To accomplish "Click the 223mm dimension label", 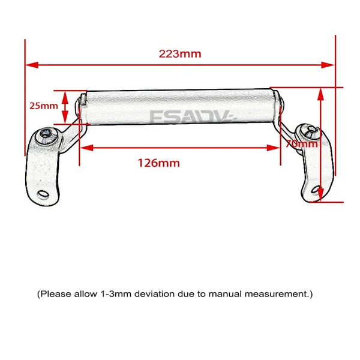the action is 180,54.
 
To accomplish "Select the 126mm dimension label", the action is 158,163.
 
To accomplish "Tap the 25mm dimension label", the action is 44,106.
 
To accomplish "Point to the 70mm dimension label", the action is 302,144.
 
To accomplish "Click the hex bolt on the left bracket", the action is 46,133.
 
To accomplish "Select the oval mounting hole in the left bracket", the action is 43,194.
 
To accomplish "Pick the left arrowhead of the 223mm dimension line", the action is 32,65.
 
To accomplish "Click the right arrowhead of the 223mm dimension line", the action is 328,65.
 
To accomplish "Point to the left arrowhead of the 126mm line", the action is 87,148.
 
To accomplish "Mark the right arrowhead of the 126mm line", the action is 273,148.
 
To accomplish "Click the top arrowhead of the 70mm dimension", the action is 321,95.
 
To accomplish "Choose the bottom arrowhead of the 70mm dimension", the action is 321,194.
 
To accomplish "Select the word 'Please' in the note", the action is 56,294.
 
